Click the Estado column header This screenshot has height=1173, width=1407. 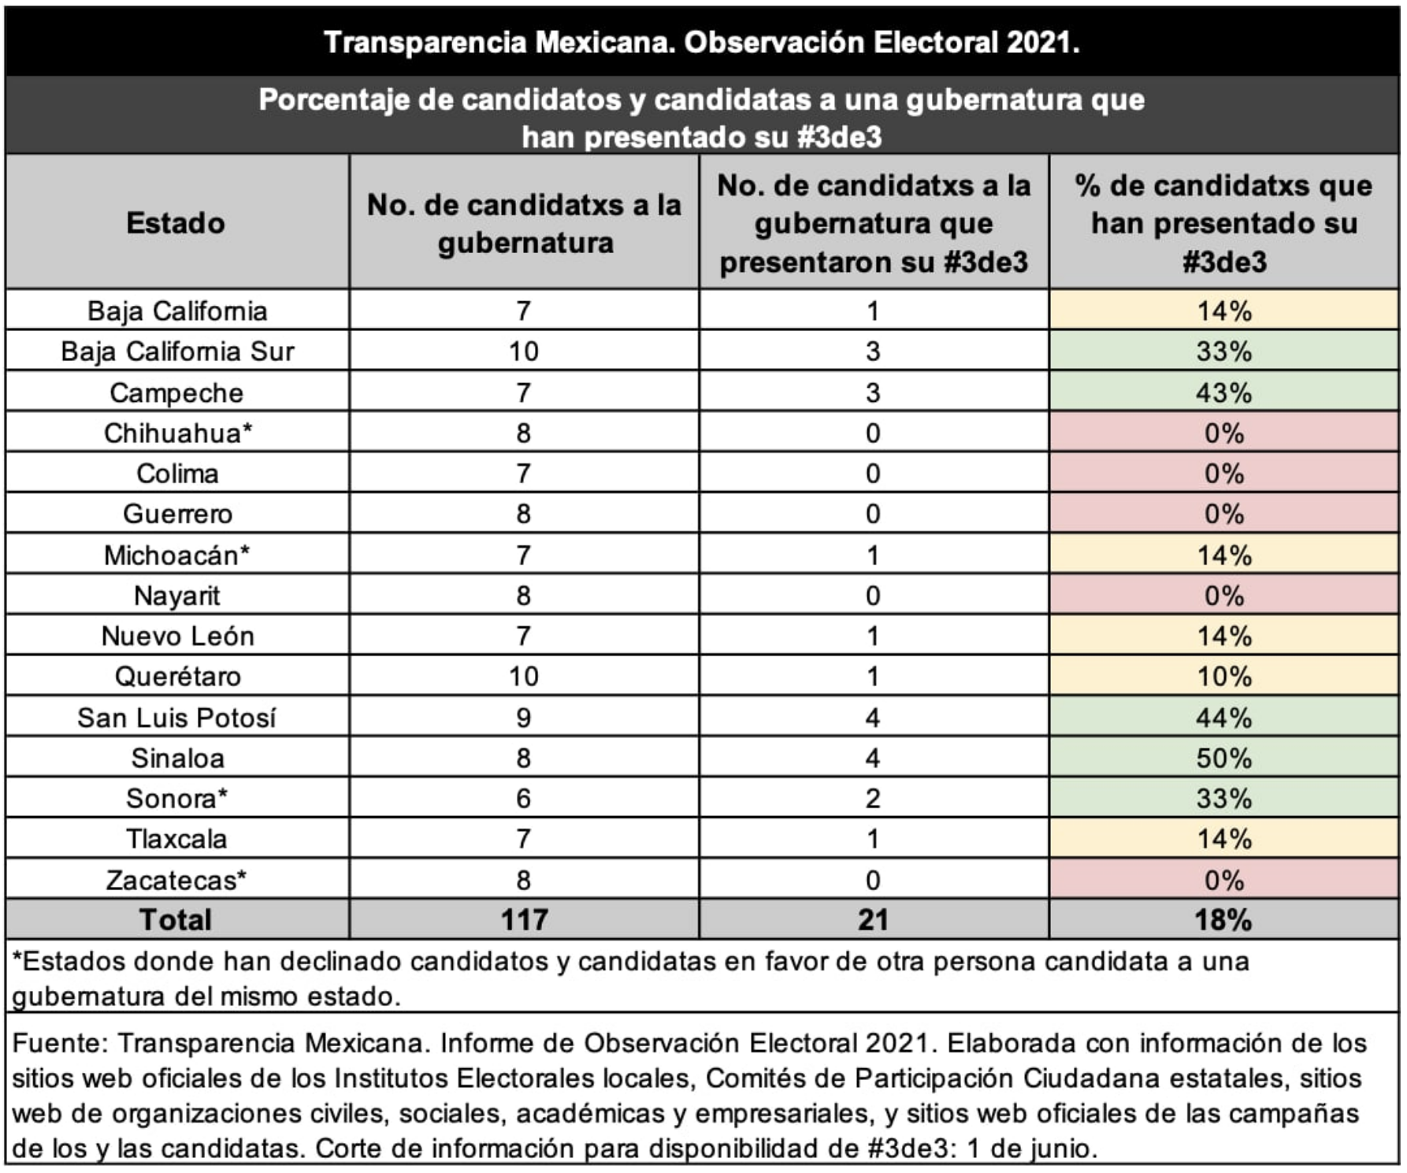coord(176,223)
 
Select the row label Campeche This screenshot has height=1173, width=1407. coord(176,393)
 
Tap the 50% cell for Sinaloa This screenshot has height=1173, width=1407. coord(1223,758)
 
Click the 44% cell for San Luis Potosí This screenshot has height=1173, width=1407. coord(1223,717)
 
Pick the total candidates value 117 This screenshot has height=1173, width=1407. coord(525,919)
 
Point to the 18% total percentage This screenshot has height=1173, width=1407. coord(1223,919)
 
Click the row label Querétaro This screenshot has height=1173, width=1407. coord(178,676)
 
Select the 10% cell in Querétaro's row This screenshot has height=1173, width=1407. coord(1223,676)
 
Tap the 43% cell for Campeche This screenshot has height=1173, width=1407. coord(1223,393)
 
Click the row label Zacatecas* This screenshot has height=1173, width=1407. coord(176,880)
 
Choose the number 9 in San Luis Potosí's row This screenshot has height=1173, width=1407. coord(524,717)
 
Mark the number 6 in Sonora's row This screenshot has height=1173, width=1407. coord(524,799)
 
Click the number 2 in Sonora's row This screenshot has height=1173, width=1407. coord(873,799)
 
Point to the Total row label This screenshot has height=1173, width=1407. coord(176,919)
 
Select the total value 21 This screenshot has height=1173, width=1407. coord(873,919)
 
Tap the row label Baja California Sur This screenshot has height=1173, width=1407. coord(177,352)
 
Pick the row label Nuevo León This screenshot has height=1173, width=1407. coord(178,636)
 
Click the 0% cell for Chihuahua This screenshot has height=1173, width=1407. coord(1224,433)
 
